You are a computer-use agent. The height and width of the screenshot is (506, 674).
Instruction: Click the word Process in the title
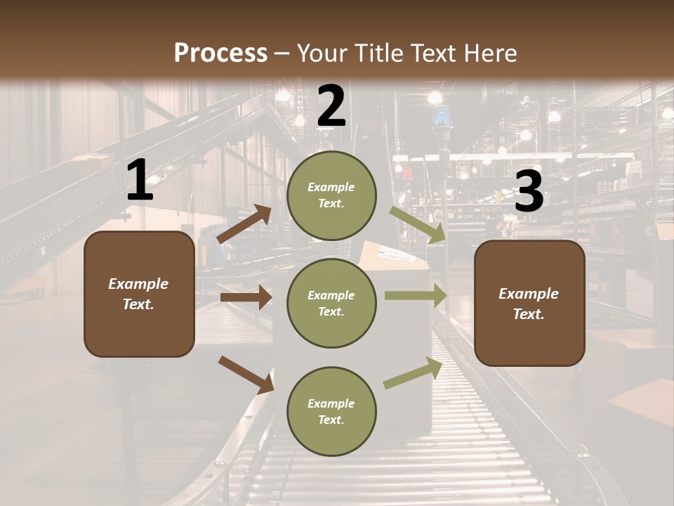[x=220, y=53]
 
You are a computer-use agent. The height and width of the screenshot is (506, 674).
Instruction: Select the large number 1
[x=140, y=181]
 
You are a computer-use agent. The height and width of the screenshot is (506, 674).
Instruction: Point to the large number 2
[x=331, y=106]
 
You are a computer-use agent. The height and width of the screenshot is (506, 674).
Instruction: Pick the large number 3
[x=529, y=191]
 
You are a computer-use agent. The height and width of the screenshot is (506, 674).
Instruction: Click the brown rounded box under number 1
[x=139, y=294]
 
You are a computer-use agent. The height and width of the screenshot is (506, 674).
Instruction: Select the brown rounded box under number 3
[x=529, y=303]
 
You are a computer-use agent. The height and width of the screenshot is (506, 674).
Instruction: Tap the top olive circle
[x=331, y=195]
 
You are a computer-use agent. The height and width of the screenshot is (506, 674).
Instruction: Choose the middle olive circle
[x=331, y=303]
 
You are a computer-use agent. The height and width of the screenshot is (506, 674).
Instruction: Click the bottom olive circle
[x=331, y=411]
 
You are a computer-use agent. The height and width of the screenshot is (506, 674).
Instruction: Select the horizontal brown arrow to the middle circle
[x=246, y=297]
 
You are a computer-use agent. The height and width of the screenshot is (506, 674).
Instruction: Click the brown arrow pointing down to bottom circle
[x=246, y=375]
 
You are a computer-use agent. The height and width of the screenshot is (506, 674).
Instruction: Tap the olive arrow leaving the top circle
[x=418, y=224]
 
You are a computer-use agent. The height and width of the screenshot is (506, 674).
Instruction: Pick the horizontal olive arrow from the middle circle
[x=415, y=296]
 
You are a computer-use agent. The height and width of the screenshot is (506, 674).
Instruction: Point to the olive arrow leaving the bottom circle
[x=414, y=372]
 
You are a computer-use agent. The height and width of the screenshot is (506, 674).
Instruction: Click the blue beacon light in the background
[x=442, y=117]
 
